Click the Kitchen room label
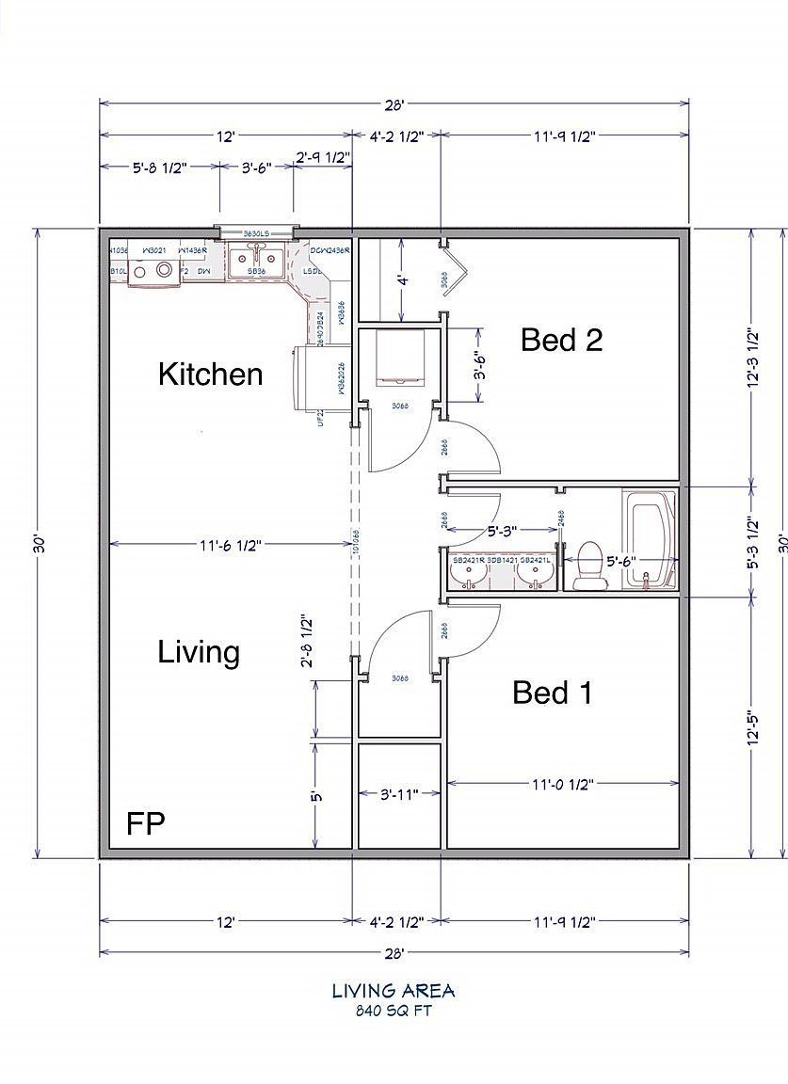(x=210, y=375)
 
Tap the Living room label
(x=199, y=652)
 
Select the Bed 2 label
(x=561, y=340)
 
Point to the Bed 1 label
(x=553, y=693)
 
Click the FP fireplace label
(x=146, y=824)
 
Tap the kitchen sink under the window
(x=254, y=258)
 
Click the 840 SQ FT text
(x=394, y=1012)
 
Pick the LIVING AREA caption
(x=394, y=991)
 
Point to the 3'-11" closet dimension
(x=398, y=794)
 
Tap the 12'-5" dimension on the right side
(x=752, y=726)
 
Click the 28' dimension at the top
(x=394, y=104)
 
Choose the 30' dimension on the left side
(x=39, y=545)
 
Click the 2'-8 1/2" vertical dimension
(x=305, y=642)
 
